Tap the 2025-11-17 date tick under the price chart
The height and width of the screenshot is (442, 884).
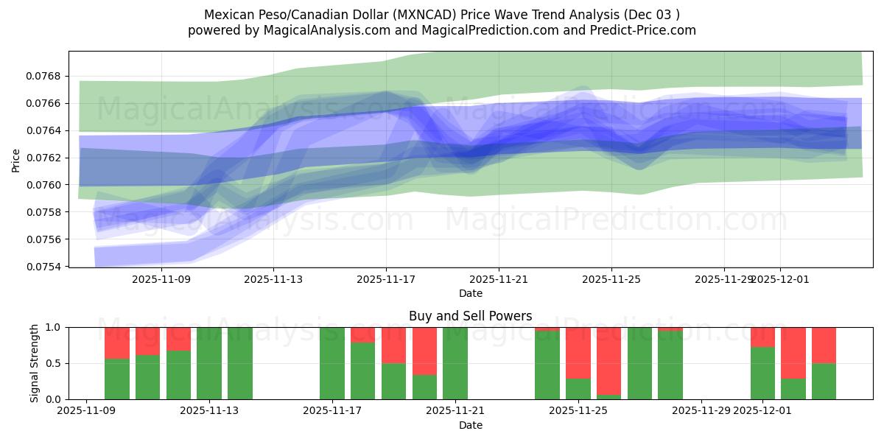click(386, 280)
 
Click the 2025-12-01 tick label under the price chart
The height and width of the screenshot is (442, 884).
click(781, 280)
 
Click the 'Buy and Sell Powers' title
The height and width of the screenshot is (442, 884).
click(470, 316)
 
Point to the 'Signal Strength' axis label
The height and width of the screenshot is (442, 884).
click(34, 363)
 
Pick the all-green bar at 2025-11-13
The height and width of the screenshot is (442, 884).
click(209, 363)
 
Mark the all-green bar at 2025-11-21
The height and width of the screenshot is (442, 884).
click(455, 363)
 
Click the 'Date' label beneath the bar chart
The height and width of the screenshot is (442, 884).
click(470, 425)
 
